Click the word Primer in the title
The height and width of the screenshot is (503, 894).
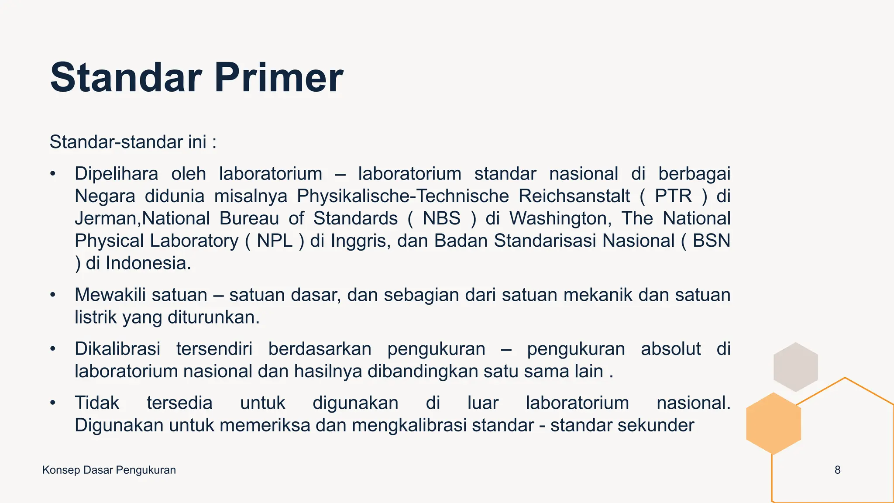[279, 78]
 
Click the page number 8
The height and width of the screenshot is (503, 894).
[837, 470]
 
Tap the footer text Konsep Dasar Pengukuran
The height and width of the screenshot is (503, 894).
[109, 470]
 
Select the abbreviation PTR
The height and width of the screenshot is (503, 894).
[673, 196]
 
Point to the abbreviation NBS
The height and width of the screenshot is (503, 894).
[441, 218]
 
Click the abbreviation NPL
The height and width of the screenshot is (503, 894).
[275, 241]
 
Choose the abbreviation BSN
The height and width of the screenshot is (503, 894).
[711, 241]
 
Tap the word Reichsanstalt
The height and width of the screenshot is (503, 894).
[574, 196]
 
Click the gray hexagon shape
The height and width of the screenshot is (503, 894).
[795, 367]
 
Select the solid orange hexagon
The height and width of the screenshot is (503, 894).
[774, 424]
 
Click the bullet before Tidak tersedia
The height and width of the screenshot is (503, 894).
[53, 403]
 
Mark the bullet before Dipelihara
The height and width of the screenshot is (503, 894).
[53, 174]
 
